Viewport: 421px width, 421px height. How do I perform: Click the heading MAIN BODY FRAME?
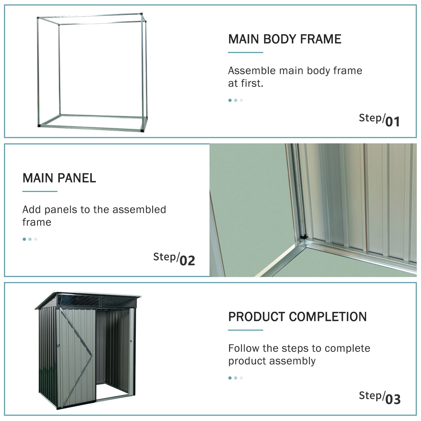(285, 39)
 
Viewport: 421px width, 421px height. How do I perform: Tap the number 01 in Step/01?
(392, 121)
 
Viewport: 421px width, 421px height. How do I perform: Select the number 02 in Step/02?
(187, 260)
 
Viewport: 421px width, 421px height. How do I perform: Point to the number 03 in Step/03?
(393, 399)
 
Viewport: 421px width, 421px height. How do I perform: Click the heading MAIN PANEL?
(59, 178)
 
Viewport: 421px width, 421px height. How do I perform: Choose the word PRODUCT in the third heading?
(257, 317)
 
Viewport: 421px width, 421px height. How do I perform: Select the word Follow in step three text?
(244, 348)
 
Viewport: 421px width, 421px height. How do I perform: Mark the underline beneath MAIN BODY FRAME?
(245, 53)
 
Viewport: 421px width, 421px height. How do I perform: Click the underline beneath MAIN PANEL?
(40, 191)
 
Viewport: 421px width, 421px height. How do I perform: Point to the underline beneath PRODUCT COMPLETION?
(245, 330)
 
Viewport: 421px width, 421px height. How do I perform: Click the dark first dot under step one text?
(230, 100)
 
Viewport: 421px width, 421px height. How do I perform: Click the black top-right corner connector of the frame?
(141, 14)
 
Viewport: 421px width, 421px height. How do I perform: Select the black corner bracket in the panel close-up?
(303, 237)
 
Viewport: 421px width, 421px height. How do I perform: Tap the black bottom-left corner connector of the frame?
(39, 126)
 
